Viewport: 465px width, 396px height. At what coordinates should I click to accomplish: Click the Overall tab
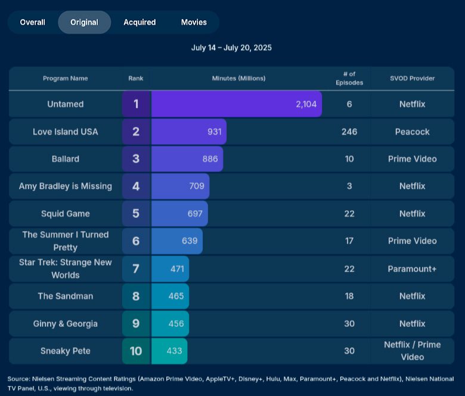[x=32, y=22]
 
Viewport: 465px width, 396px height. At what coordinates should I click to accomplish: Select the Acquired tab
[x=139, y=22]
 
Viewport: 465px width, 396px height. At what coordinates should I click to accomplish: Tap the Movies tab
[x=194, y=22]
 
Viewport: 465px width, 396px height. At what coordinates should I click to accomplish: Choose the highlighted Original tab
[x=84, y=22]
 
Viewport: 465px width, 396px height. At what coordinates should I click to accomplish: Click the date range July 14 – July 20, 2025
[x=231, y=48]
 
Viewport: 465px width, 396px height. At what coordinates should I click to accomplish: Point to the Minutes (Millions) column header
[x=238, y=79]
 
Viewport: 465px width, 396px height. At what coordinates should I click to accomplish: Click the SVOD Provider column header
[x=412, y=79]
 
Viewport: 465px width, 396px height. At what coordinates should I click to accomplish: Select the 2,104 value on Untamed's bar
[x=306, y=104]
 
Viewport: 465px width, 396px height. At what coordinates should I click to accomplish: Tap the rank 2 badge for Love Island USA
[x=136, y=132]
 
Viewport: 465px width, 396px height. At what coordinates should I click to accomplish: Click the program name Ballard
[x=66, y=159]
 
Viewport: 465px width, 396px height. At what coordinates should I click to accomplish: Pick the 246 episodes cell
[x=349, y=132]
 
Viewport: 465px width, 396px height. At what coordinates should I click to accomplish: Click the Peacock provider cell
[x=412, y=132]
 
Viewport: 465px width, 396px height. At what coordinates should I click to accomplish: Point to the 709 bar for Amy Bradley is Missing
[x=180, y=186]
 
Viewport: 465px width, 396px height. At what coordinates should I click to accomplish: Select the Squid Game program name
[x=66, y=214]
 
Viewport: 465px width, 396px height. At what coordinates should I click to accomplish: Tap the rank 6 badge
[x=136, y=241]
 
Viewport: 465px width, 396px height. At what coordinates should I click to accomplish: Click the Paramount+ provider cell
[x=412, y=269]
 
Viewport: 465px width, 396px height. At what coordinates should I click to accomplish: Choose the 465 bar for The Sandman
[x=170, y=296]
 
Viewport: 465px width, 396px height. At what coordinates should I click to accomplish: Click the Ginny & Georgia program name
[x=66, y=323]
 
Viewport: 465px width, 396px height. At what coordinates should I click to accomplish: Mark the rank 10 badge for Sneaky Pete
[x=136, y=351]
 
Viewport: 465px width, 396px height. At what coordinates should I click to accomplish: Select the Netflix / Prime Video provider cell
[x=412, y=351]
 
